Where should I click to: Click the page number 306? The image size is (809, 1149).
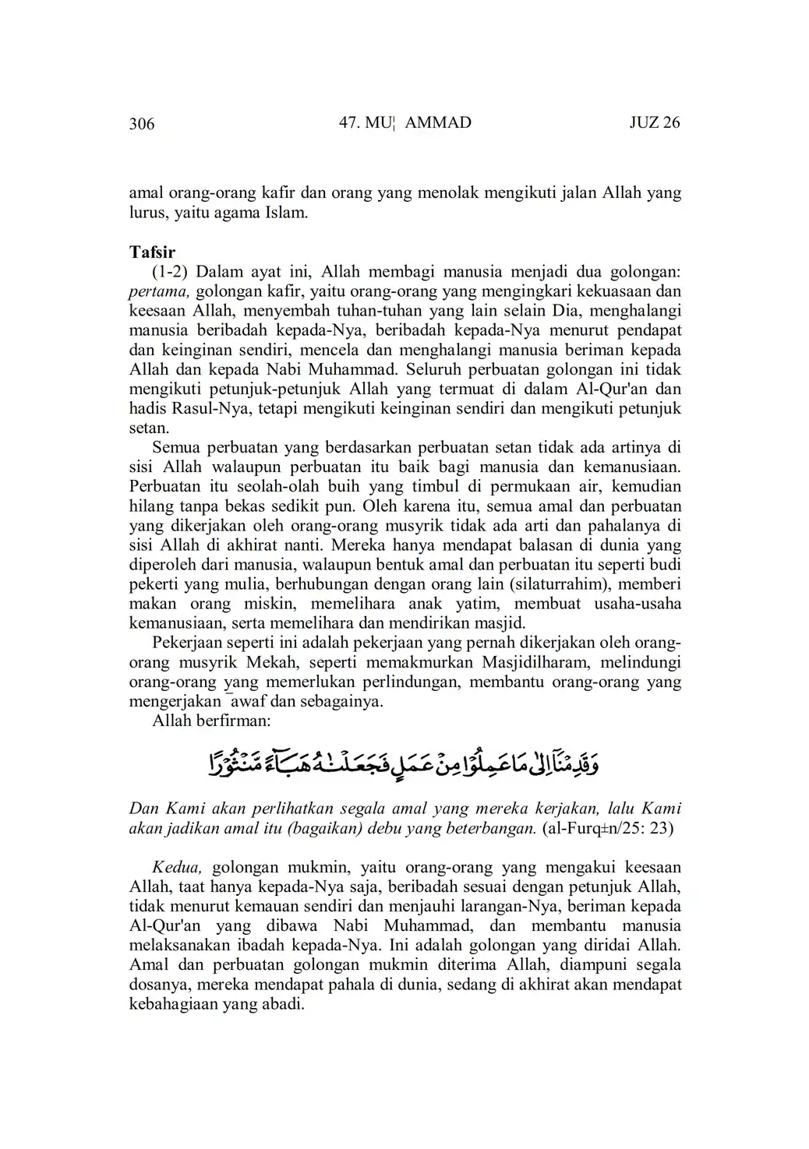click(142, 124)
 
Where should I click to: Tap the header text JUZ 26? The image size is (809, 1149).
click(654, 122)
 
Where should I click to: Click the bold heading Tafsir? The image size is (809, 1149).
click(152, 252)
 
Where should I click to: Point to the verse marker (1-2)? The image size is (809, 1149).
click(169, 272)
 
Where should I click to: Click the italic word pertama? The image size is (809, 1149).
click(159, 291)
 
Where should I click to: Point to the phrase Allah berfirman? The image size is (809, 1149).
click(211, 721)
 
